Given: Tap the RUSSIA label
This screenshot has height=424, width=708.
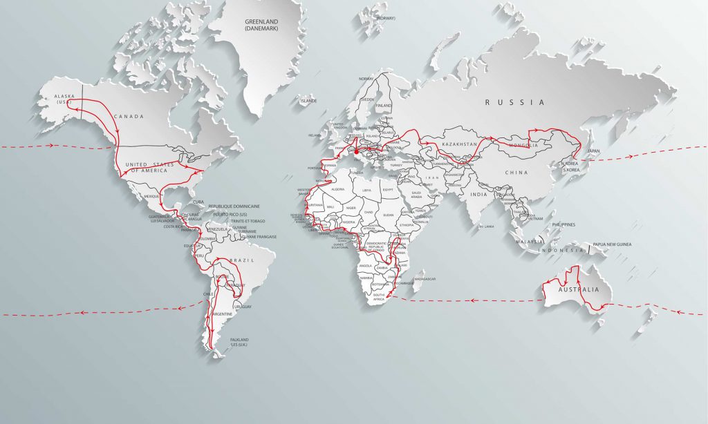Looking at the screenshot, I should coord(514,102).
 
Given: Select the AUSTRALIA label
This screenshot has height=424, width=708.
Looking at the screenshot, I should coord(575,289).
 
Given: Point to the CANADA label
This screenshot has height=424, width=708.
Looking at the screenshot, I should coord(129,117).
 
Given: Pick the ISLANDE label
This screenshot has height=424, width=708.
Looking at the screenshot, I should coord(308,101).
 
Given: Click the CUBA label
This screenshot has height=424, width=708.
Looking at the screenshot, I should coord(196,201).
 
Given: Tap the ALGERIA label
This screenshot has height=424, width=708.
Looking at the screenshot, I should coord(337,189).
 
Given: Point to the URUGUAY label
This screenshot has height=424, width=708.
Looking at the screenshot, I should coord(241,306).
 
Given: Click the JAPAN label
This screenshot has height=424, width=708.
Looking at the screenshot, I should coord(594,150).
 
